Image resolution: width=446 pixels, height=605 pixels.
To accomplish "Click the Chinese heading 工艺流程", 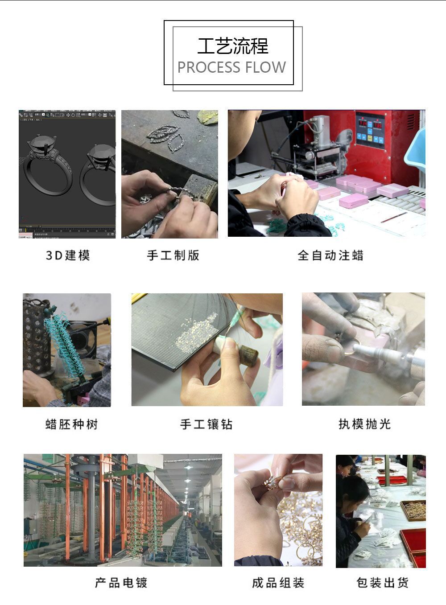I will tap(232, 46).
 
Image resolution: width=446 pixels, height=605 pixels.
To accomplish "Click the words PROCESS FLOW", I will tap(231, 67).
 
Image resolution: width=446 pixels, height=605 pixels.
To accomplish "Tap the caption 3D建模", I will tap(68, 255).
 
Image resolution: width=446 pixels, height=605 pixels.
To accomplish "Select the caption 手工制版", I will tap(173, 255).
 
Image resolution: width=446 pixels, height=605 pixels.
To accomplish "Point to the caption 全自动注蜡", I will tap(330, 255).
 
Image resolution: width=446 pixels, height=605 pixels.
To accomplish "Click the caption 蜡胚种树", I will tap(71, 424).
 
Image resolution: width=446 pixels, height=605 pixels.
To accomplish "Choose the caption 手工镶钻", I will tap(206, 424).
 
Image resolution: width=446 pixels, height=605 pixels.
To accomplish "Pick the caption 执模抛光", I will tap(364, 424).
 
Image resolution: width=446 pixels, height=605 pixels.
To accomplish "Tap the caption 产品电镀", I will tap(121, 583).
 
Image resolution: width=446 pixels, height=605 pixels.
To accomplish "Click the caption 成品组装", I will tap(278, 583).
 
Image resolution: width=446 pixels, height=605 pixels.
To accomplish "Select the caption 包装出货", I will tap(382, 583).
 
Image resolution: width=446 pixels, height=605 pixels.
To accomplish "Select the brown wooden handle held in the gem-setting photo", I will tap(248, 357).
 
